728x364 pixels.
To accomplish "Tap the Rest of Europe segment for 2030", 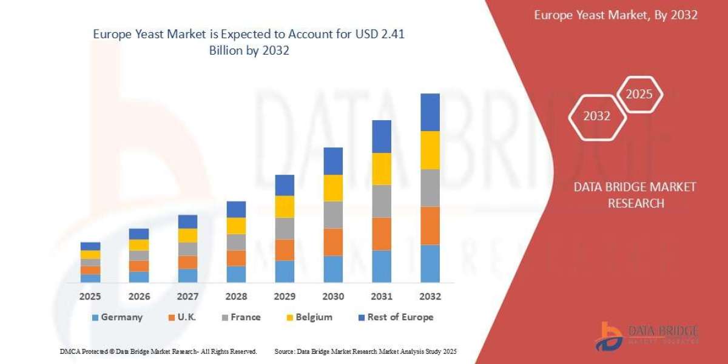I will pos(333,161).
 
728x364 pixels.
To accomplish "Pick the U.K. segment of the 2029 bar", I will pos(285,249).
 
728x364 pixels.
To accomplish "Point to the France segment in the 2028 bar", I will pos(236,242).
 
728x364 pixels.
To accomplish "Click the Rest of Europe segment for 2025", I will pos(90,246).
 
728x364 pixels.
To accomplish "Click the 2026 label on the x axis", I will pos(139,297).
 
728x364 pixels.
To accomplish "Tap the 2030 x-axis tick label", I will pos(333,297).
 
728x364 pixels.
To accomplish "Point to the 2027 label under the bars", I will pos(187,297).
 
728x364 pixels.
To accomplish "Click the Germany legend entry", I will pos(117,317).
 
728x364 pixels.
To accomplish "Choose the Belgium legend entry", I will pos(309,317).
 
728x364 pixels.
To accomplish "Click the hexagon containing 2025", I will pos(639,95).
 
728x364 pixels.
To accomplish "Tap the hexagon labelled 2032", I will pos(597,116).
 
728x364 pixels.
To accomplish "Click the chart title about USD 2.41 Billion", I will pos(249,42).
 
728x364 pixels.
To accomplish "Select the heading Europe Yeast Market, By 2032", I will pos(616,15).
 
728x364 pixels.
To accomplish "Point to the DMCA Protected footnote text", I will pos(158,351).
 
